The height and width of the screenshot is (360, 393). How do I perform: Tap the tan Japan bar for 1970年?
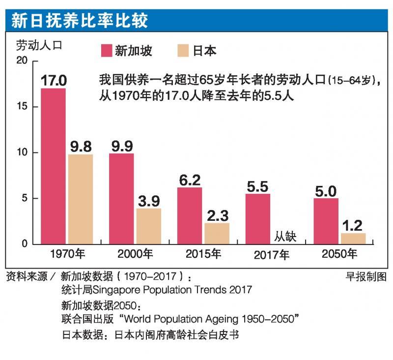pos(80,199)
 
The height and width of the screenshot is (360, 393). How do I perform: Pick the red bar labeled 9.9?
pos(121,199)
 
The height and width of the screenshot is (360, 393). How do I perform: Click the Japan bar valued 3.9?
pos(148,226)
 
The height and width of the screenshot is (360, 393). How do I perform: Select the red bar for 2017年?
pos(258,219)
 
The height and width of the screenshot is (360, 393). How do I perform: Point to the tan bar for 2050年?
pos(353,239)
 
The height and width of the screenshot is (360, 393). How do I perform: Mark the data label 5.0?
pos(326,190)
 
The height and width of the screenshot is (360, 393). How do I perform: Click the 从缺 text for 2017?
pos(285,238)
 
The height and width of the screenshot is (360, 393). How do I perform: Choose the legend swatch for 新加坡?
pos(107,51)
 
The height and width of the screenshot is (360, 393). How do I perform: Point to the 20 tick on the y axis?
pos(22,60)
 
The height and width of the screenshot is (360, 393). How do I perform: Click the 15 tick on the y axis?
pos(22,107)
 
